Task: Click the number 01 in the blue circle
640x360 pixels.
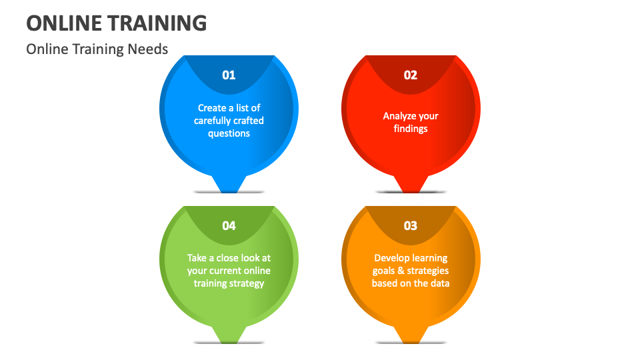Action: coord(229,75)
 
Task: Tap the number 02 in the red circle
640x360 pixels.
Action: coord(411,75)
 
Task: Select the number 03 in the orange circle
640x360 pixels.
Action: coord(411,226)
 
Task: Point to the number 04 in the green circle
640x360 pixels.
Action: coord(229,226)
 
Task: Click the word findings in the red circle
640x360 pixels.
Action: coord(411,129)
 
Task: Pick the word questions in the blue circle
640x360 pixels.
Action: coord(229,133)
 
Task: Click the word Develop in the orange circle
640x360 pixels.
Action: coord(391,258)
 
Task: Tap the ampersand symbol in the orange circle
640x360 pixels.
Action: coord(401,271)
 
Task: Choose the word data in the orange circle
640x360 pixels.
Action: coord(440,283)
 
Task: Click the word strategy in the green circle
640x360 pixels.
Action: coord(247,283)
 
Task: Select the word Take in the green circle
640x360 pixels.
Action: coord(197,258)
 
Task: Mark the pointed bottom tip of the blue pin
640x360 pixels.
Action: coord(229,190)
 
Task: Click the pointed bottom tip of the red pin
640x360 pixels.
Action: coord(411,190)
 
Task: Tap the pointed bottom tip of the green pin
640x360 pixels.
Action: coord(229,341)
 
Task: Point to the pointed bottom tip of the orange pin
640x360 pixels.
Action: coord(411,341)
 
